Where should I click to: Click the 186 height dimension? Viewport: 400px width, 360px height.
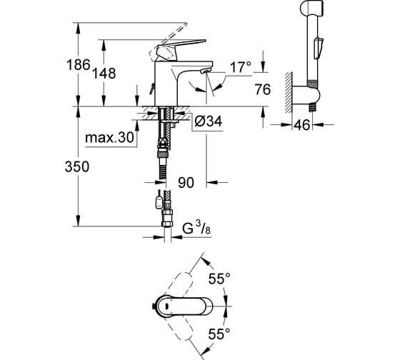pos(79,64)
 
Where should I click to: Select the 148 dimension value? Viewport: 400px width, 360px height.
pos(104,74)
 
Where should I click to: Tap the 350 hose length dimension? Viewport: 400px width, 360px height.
pos(77,166)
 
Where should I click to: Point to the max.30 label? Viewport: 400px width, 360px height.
pos(109,138)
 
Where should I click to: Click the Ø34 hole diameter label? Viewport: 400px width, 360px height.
pos(208,121)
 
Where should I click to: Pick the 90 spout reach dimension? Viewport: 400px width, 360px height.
pos(186,183)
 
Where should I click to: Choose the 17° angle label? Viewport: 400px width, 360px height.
pos(241,67)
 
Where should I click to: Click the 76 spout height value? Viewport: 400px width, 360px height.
pos(263,89)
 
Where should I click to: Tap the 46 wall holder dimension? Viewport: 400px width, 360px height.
pos(302,125)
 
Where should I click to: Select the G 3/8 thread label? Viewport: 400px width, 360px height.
pos(196,228)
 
